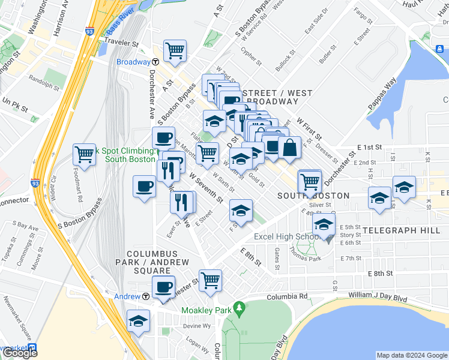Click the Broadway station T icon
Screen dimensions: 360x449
155,62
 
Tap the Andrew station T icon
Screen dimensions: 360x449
146,296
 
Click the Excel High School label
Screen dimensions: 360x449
286,236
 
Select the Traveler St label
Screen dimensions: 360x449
121,43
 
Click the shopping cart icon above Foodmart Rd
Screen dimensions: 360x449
85,154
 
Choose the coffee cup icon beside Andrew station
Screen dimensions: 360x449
163,286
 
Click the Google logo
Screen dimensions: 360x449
19,353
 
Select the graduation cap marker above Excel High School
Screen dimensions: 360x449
324,226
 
